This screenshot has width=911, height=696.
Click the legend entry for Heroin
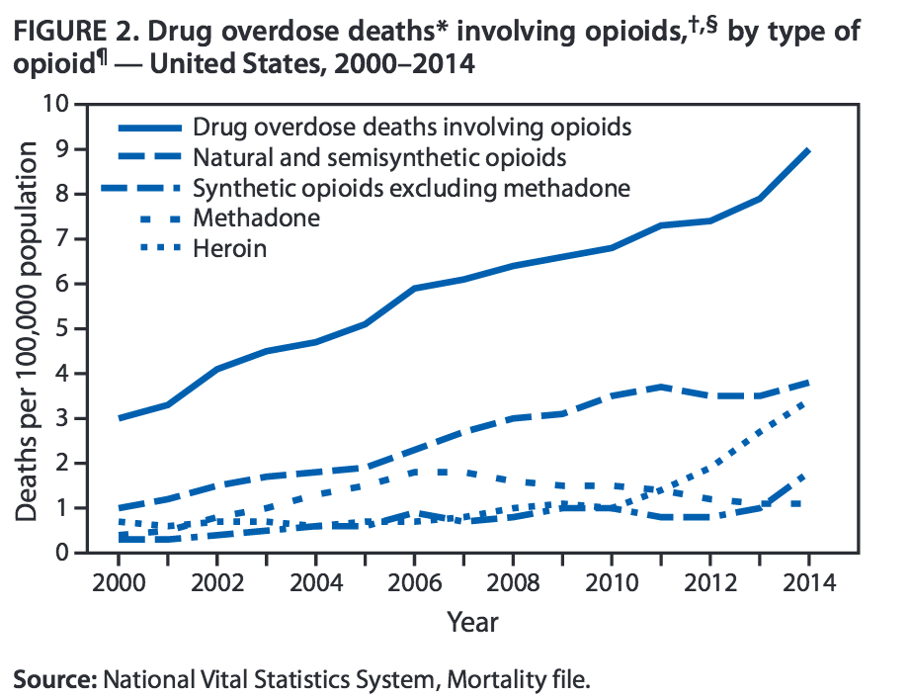coord(229,248)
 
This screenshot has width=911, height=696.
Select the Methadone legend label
coord(256,217)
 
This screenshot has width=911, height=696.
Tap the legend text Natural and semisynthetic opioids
coord(379,157)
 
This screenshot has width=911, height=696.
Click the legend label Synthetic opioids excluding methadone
coord(412,188)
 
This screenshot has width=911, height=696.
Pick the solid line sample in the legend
coord(150,128)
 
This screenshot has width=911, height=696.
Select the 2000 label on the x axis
coord(120,580)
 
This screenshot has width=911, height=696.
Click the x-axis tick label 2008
coord(513,580)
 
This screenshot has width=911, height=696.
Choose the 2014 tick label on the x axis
coord(808,580)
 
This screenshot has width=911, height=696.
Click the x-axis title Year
coord(472,622)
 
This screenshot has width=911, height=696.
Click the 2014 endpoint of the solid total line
coord(808,150)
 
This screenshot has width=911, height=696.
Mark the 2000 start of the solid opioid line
coord(120,418)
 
